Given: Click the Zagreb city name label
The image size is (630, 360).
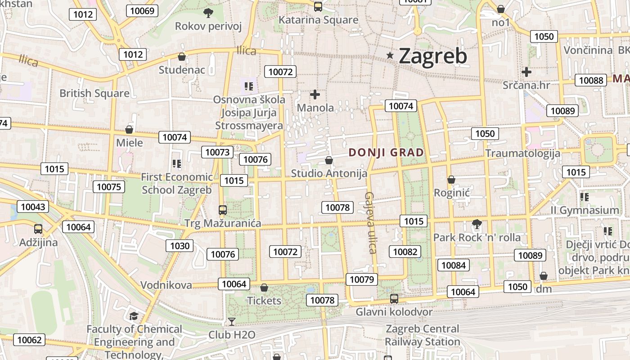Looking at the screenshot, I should (433, 56).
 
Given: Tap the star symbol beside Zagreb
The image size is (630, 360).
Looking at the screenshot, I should (390, 55).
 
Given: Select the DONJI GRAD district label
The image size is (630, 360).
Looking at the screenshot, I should (386, 153).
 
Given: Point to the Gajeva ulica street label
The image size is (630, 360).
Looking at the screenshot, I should (370, 223).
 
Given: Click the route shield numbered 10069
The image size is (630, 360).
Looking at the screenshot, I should (142, 11).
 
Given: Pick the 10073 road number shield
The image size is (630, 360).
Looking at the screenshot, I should (217, 152).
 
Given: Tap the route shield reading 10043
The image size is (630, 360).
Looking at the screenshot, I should (33, 207).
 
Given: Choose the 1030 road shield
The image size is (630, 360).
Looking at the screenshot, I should (180, 246).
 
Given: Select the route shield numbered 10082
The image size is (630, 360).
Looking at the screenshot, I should (405, 252).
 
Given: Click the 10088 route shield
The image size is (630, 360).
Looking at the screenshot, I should (591, 80).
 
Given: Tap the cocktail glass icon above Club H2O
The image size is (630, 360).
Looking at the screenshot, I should (231, 321).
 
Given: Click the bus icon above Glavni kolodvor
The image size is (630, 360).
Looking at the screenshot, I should (394, 298).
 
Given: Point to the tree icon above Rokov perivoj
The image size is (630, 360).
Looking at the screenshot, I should (208, 13).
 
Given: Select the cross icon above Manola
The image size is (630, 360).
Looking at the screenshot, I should (315, 94).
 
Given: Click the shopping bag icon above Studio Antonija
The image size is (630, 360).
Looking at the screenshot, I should (329, 160).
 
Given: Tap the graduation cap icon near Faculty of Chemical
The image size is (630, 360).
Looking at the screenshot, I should (134, 315).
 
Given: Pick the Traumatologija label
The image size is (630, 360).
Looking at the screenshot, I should (522, 153).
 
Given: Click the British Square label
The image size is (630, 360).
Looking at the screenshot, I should (94, 93).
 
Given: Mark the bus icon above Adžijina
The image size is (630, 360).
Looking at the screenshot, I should (38, 229).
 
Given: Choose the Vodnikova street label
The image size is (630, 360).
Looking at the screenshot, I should (166, 285).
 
